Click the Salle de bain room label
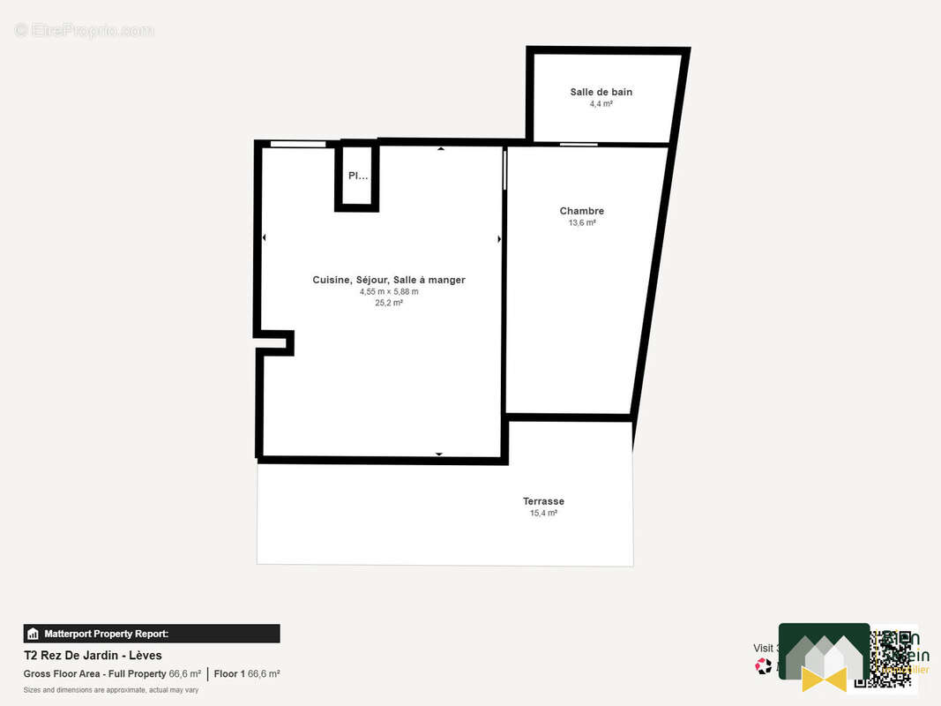(601, 92)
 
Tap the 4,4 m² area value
(601, 104)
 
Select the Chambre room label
(581, 211)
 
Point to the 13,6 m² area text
(581, 223)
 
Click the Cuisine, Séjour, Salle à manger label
(388, 280)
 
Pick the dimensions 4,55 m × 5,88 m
(388, 291)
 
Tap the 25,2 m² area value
(388, 303)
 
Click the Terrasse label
(543, 501)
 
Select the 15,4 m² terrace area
(543, 513)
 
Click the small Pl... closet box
(357, 176)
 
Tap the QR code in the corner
(882, 659)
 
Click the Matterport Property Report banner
(151, 634)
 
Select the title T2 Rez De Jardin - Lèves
(93, 656)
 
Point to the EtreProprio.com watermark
(84, 31)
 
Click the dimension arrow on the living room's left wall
(264, 237)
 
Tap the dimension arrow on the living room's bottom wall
(438, 454)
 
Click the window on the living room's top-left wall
(297, 144)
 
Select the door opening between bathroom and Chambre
(578, 144)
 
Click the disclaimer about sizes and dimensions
(110, 690)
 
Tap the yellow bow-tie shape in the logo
(824, 678)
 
